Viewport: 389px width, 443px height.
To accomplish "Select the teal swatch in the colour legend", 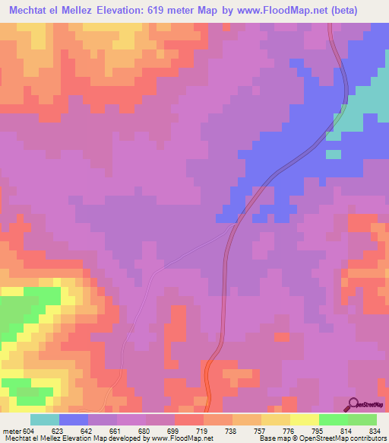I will click(45, 419).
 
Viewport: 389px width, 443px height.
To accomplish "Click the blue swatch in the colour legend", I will click(74, 419).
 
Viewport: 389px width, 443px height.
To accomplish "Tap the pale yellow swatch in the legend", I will click(305, 419).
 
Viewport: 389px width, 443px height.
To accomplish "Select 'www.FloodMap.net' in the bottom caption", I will click(177, 438).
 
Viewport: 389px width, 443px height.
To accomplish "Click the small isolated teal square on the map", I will click(334, 155).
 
